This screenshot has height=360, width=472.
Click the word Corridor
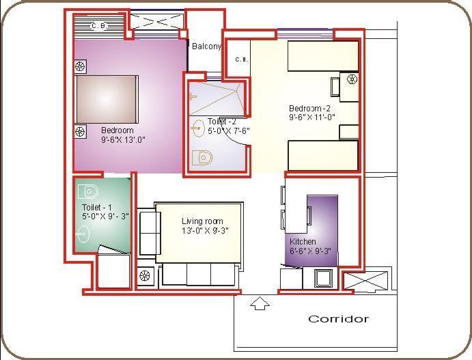click(338, 319)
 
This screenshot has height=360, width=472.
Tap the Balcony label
click(206, 47)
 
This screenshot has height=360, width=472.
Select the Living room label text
click(202, 221)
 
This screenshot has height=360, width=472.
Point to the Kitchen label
click(303, 242)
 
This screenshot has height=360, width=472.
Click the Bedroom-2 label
click(309, 109)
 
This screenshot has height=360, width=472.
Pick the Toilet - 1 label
click(96, 207)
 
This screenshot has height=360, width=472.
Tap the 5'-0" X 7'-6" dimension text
click(230, 130)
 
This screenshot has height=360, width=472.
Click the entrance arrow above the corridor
click(259, 303)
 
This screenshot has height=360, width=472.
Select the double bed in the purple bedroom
click(107, 98)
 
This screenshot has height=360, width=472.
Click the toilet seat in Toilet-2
click(203, 158)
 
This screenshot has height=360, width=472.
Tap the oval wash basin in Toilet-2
click(198, 127)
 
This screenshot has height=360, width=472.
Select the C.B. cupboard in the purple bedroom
click(100, 26)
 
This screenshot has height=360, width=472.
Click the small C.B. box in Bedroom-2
click(240, 59)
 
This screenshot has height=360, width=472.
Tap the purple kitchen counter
click(321, 229)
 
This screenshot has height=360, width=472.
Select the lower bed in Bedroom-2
click(322, 155)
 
